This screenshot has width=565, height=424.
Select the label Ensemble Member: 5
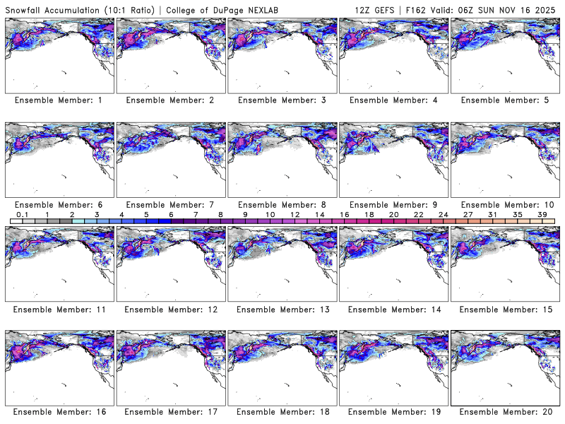coord(504,100)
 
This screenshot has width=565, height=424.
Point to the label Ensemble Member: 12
coord(169,310)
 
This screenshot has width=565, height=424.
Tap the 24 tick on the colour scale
coord(443,214)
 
